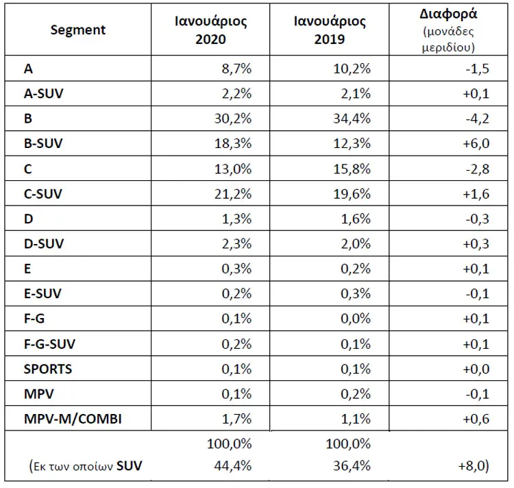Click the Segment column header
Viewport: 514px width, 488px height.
(78, 30)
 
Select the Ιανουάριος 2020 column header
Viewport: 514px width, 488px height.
(211, 30)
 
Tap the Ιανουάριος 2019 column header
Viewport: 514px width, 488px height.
(330, 30)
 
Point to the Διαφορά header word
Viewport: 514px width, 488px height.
(448, 14)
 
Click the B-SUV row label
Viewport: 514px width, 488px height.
(43, 143)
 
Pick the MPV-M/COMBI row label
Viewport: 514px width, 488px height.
(73, 419)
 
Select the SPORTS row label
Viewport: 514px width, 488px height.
(48, 369)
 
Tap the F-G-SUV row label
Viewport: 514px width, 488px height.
(49, 344)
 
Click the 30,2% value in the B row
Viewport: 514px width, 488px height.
(233, 119)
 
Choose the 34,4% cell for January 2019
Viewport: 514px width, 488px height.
(352, 119)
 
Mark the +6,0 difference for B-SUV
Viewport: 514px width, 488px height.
(476, 143)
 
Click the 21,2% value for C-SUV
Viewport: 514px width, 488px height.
(233, 194)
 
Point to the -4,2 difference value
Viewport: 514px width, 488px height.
(477, 119)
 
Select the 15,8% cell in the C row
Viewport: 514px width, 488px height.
(352, 169)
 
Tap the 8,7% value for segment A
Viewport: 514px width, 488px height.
(236, 69)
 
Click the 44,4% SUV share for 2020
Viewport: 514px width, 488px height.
(233, 465)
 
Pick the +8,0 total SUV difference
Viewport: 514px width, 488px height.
(474, 465)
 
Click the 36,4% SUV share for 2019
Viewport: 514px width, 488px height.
(352, 465)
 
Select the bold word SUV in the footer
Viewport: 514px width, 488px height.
(129, 465)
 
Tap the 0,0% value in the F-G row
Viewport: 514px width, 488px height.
(356, 318)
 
